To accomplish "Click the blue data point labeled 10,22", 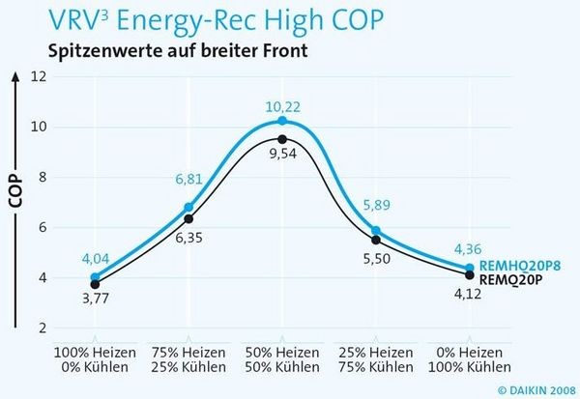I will tap(281, 121).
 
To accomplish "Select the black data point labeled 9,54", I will tap(281, 139).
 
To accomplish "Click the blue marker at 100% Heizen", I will tap(95, 278).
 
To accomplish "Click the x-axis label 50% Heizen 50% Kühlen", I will tap(281, 361).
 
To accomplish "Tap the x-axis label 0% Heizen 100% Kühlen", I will tap(470, 361).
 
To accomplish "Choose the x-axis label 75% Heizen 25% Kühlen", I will tap(188, 361).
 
